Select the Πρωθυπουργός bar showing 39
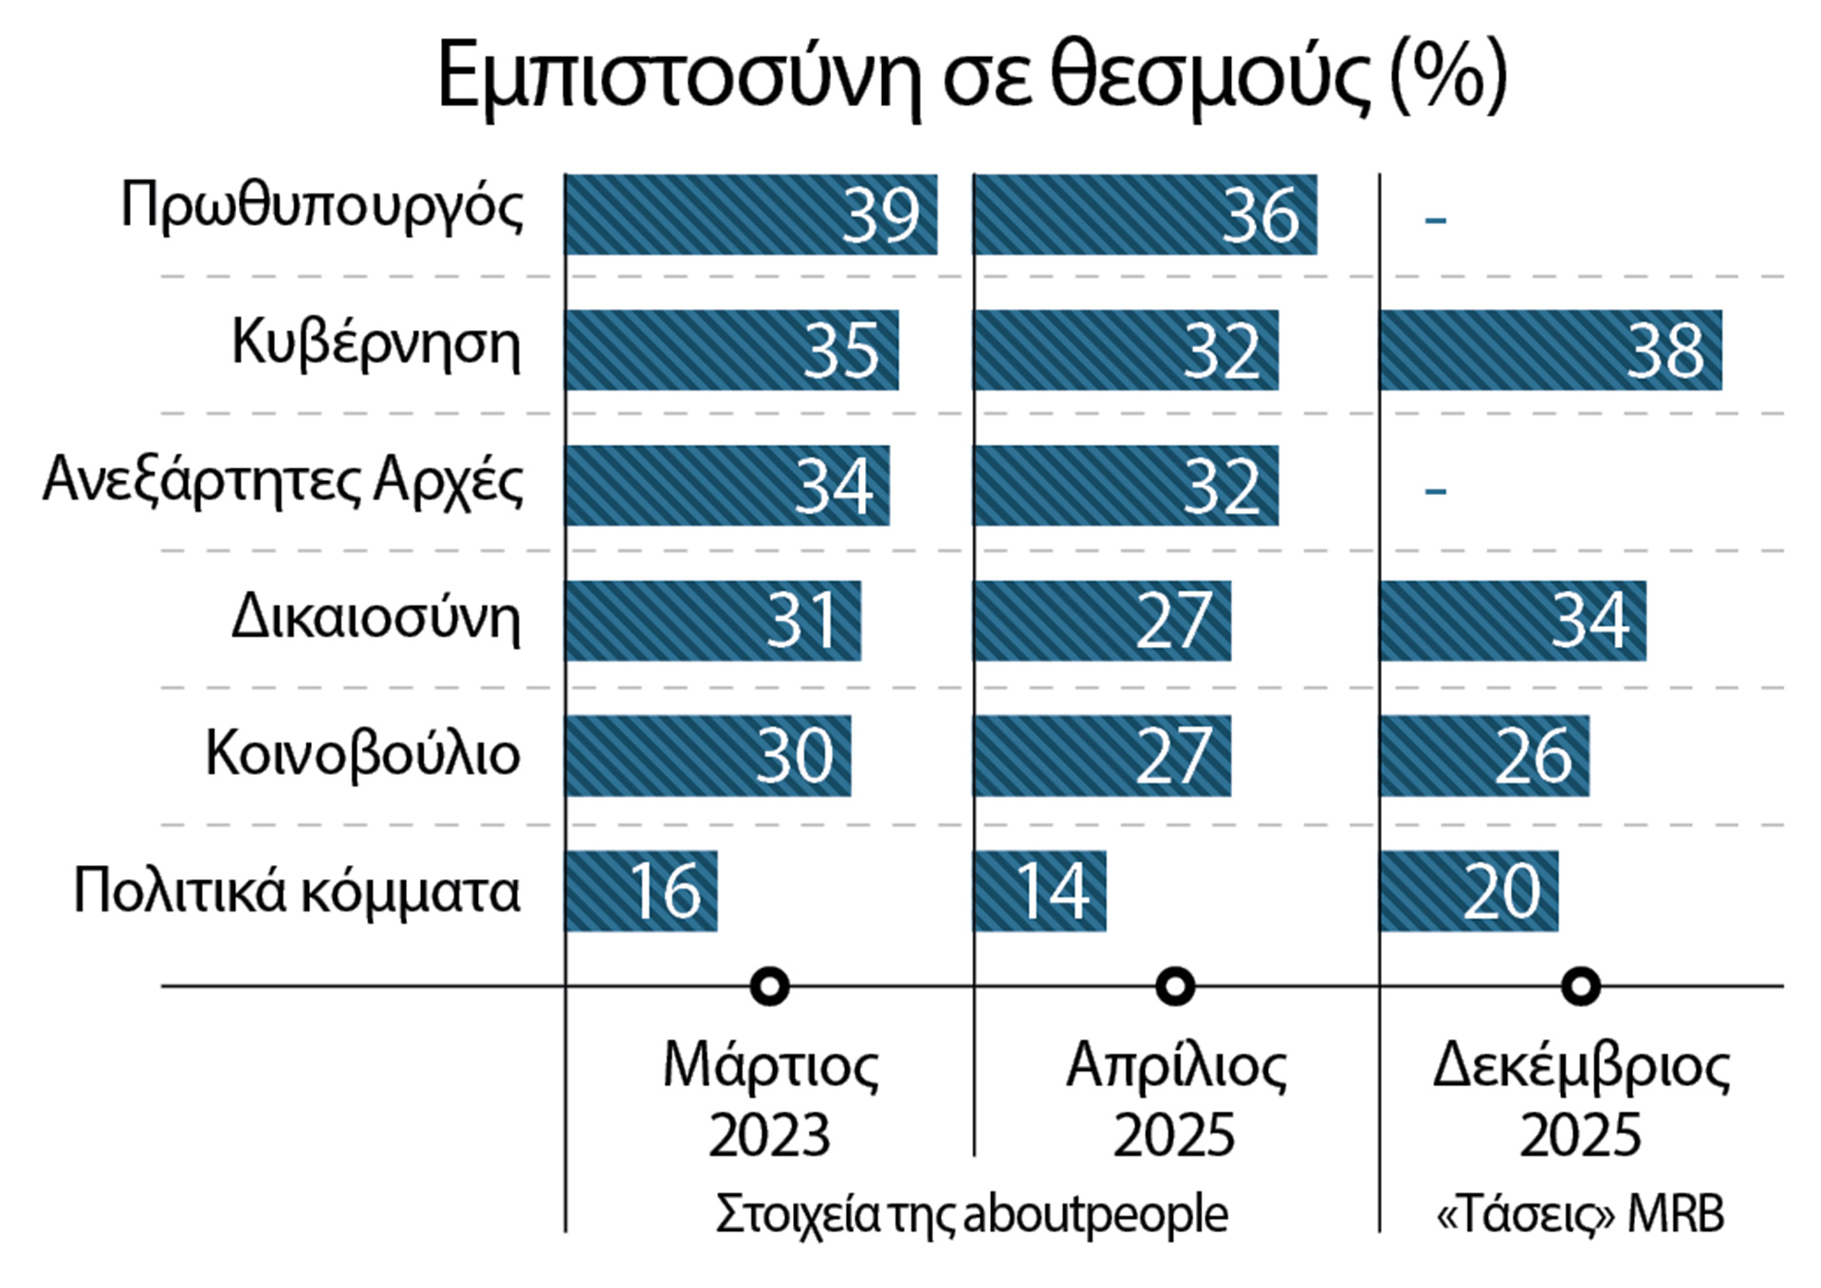point(750,214)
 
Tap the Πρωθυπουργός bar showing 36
point(1145,214)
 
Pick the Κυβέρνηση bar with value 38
point(1550,350)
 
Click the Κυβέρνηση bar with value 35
point(731,350)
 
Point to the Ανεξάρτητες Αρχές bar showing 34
point(727,486)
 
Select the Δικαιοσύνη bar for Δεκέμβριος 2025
point(1512,621)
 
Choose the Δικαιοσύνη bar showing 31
point(712,621)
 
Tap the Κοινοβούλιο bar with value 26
point(1483,756)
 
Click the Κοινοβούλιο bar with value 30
point(708,756)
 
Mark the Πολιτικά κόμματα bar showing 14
point(1039,892)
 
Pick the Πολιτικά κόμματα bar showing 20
point(1468,892)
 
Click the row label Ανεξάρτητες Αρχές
point(283,482)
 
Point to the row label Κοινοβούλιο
point(362,756)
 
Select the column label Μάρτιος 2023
point(769,1100)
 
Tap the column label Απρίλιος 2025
point(1175,1100)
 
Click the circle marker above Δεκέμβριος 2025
point(1580,986)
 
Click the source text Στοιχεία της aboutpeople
point(971,1215)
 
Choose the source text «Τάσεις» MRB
point(1580,1215)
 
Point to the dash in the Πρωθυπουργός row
point(1435,220)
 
